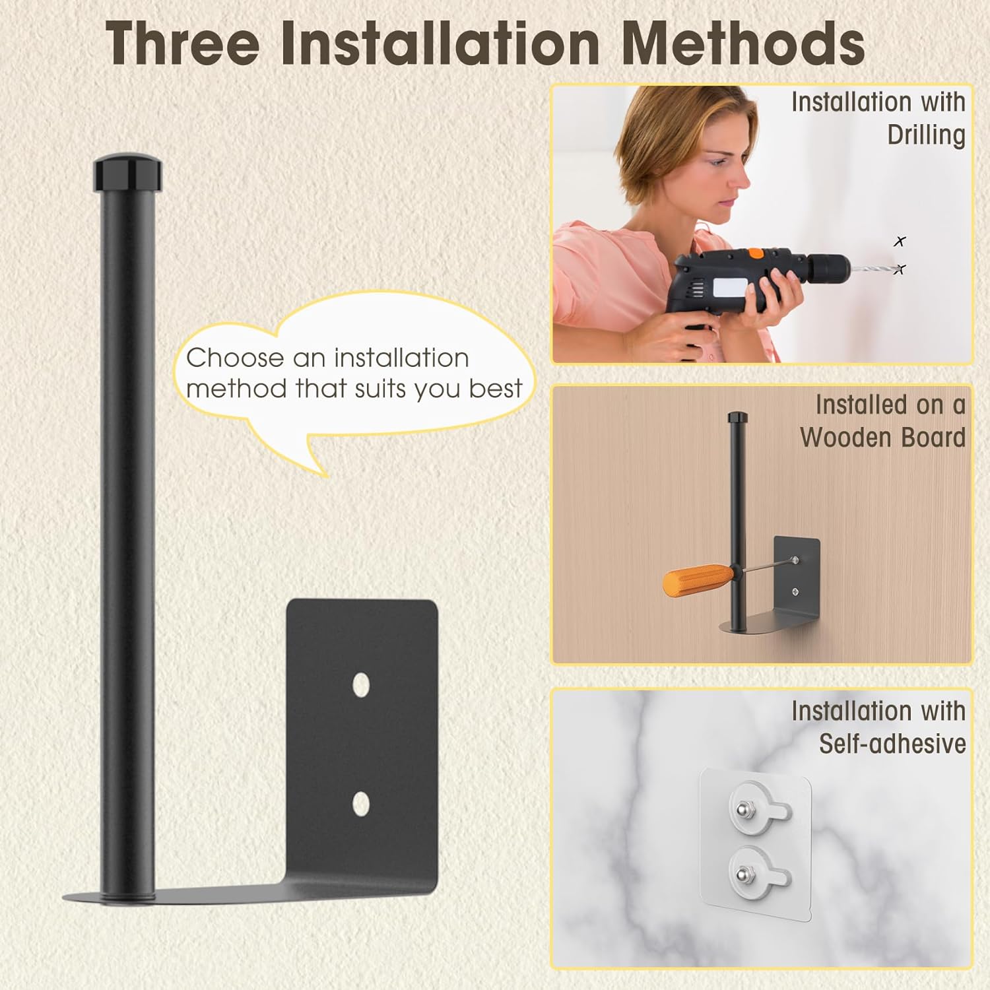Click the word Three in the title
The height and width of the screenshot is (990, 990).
[x=183, y=44]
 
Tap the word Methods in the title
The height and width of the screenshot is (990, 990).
[x=743, y=44]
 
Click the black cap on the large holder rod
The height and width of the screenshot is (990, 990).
[x=127, y=173]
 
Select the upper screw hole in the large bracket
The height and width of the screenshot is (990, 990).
[x=360, y=685]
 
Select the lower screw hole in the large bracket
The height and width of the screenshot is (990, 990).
[x=360, y=803]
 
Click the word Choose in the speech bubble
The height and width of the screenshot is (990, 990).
[x=236, y=358]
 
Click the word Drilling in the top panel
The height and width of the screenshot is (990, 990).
[x=926, y=135]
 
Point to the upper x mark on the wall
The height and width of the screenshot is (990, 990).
[x=900, y=242]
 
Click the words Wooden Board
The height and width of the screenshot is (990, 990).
[x=882, y=437]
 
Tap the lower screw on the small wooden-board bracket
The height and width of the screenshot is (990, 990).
[x=796, y=591]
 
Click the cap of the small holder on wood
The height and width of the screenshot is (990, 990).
[x=737, y=418]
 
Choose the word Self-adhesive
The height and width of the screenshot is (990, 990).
[x=892, y=744]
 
